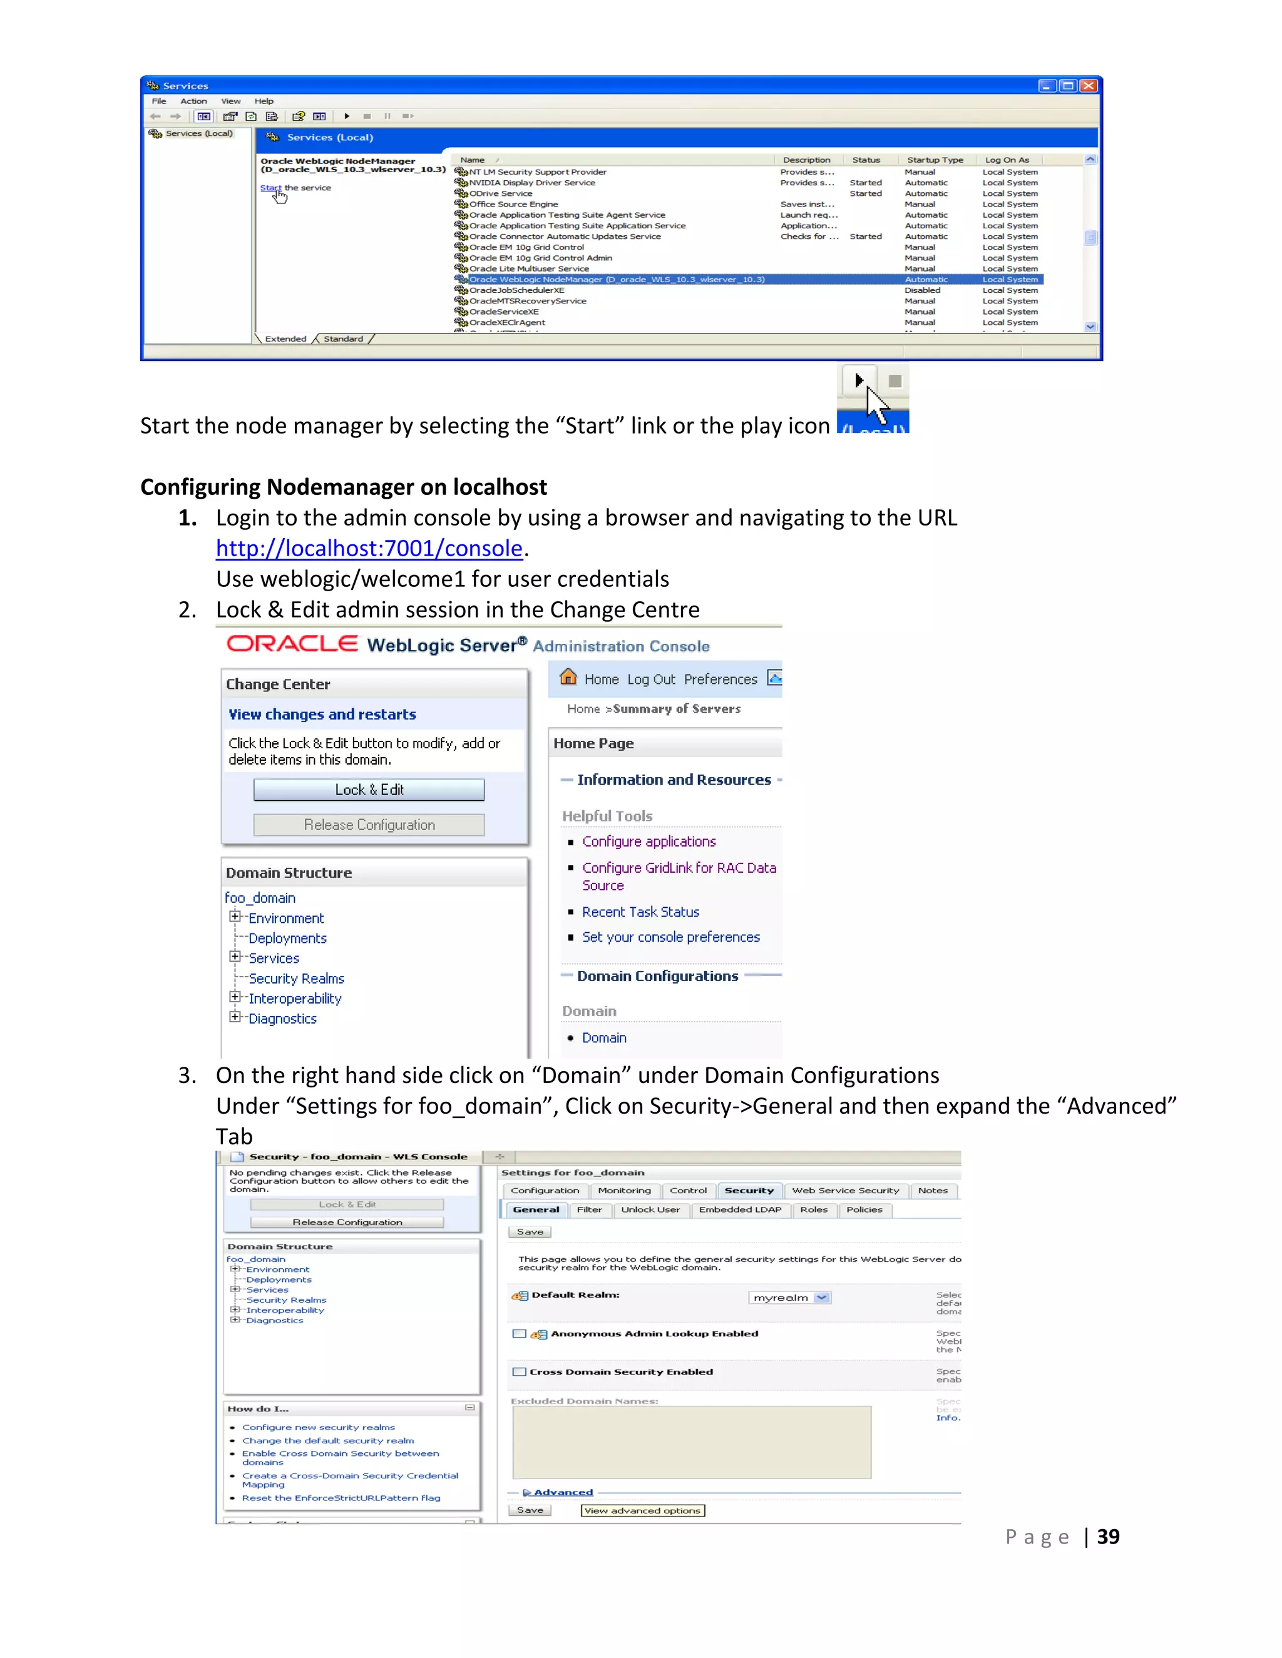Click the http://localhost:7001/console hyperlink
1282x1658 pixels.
tap(369, 548)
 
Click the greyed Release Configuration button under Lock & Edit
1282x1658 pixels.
tap(369, 825)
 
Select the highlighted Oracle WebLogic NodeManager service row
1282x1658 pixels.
tap(616, 280)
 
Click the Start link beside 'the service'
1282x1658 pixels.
tap(270, 188)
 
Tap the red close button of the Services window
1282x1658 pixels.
tap(1089, 86)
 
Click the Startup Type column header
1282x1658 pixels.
tap(935, 160)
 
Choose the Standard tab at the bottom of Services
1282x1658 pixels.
tap(343, 339)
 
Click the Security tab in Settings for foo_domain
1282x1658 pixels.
tap(748, 1191)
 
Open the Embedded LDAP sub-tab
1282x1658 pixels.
tap(740, 1210)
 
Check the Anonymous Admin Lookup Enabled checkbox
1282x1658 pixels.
tap(520, 1334)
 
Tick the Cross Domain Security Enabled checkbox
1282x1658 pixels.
tap(520, 1372)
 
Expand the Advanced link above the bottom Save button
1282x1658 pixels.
tap(562, 1492)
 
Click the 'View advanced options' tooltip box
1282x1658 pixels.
tap(642, 1511)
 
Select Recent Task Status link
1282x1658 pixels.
tap(640, 912)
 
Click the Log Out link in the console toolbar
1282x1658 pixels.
tap(651, 679)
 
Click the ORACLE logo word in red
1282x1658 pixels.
tap(292, 644)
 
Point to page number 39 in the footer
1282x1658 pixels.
tap(1108, 1537)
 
